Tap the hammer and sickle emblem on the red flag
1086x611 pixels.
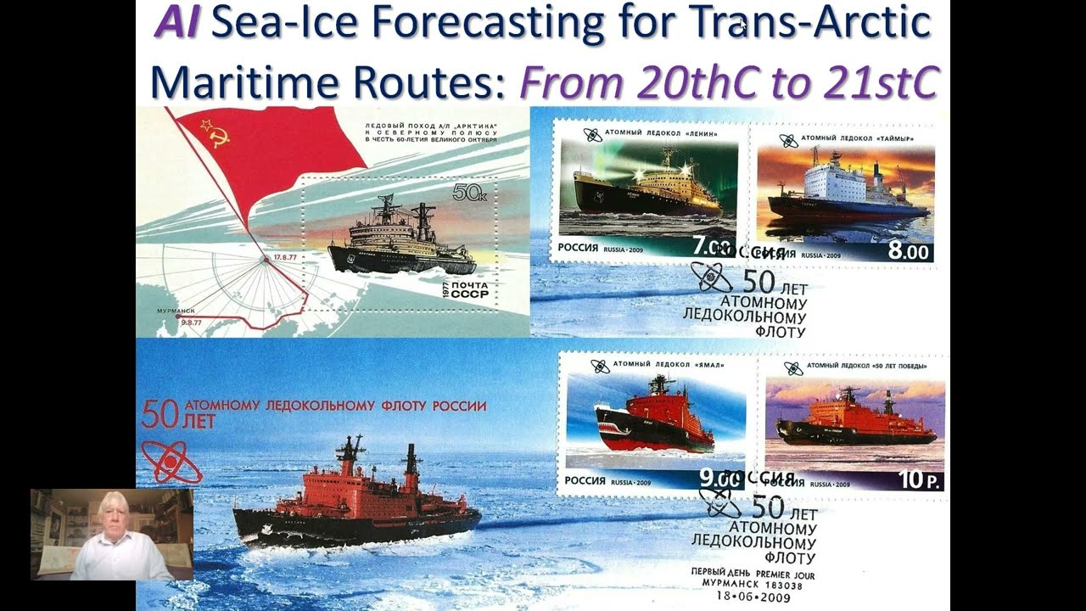pos(213,132)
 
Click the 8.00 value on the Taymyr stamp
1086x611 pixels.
pos(909,252)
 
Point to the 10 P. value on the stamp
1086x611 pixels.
pos(921,479)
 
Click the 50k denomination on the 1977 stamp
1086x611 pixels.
pos(469,193)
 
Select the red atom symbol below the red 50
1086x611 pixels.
pos(171,462)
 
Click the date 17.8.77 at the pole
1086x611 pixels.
pos(285,255)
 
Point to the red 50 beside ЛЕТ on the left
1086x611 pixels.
pos(160,413)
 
